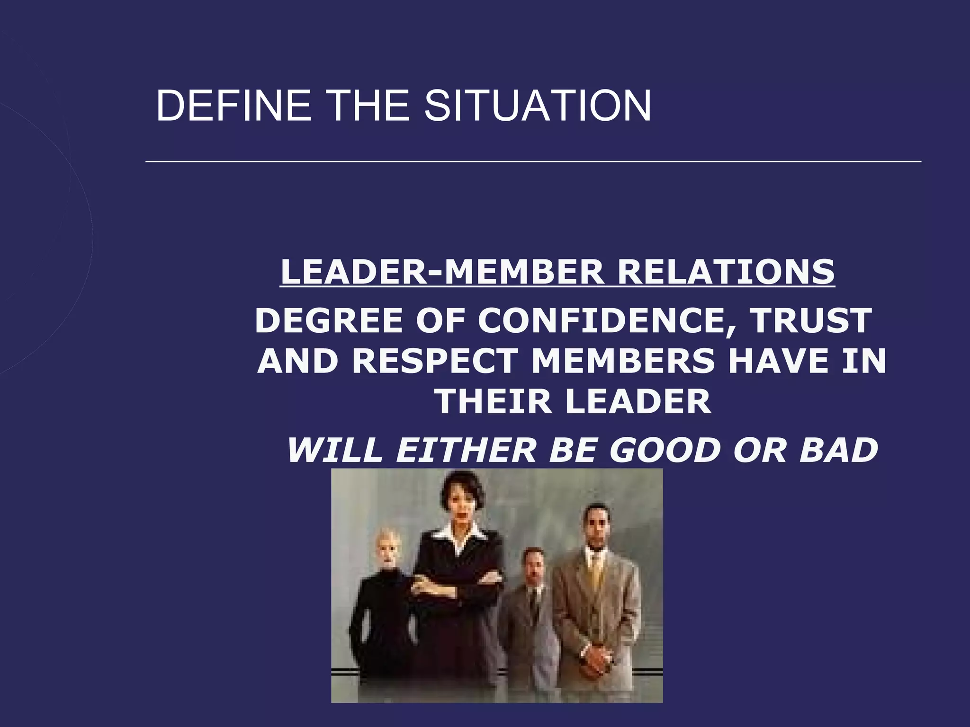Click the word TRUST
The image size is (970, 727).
click(x=812, y=320)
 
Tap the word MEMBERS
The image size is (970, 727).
click(x=623, y=361)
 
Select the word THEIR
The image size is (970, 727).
click(x=493, y=401)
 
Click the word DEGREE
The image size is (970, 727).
click(x=329, y=320)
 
